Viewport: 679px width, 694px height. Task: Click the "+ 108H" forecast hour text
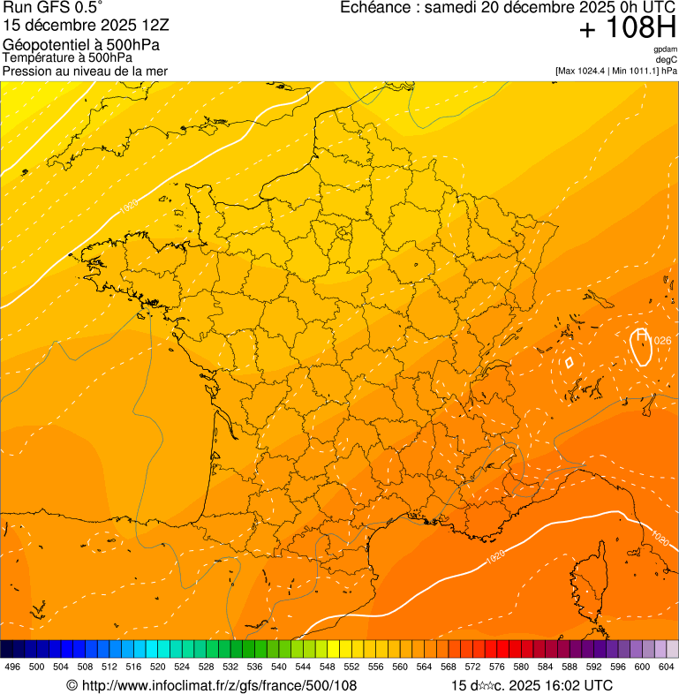pyautogui.click(x=627, y=29)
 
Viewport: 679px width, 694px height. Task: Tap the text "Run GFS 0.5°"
pyautogui.click(x=53, y=8)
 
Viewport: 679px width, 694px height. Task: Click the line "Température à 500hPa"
pyautogui.click(x=67, y=58)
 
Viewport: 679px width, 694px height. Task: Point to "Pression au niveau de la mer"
pyautogui.click(x=85, y=71)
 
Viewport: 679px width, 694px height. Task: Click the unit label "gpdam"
pyautogui.click(x=665, y=49)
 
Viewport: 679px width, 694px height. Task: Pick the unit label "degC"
pyautogui.click(x=668, y=59)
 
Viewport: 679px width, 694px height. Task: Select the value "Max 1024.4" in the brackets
pyautogui.click(x=585, y=71)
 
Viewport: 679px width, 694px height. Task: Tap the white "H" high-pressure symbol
pyautogui.click(x=642, y=336)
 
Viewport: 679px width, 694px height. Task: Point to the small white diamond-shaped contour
pyautogui.click(x=569, y=361)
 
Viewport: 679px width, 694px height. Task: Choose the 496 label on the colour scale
pyautogui.click(x=12, y=668)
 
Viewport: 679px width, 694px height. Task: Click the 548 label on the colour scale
pyautogui.click(x=327, y=668)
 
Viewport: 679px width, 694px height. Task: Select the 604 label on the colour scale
pyautogui.click(x=666, y=668)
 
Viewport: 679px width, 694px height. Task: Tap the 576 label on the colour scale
pyautogui.click(x=496, y=668)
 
